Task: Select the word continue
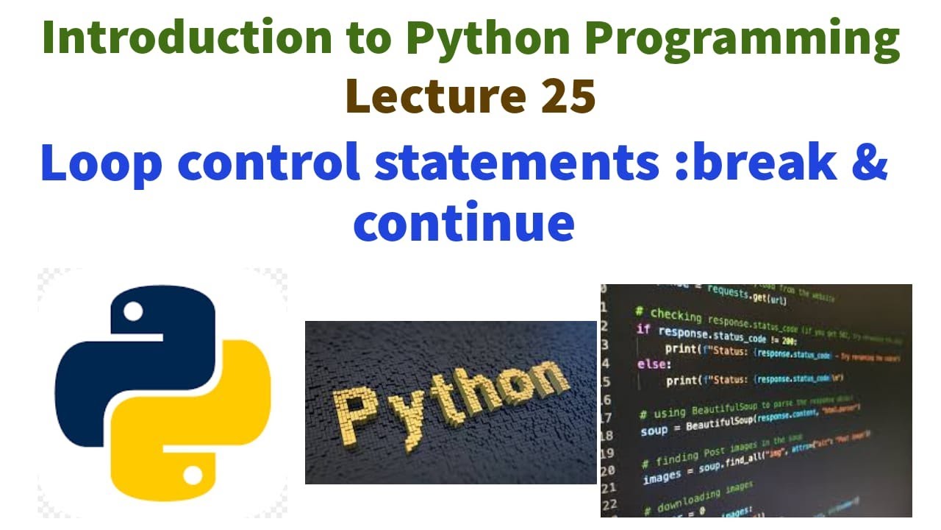(464, 222)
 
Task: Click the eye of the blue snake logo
(133, 312)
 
